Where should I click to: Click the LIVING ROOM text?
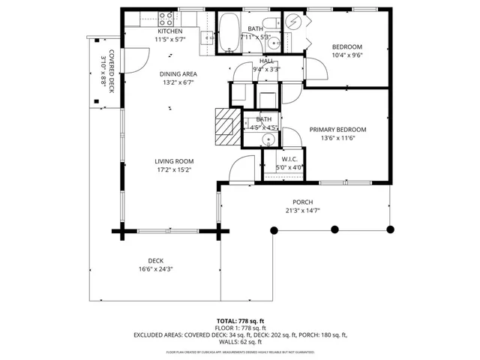(174, 161)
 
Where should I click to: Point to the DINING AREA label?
(178, 73)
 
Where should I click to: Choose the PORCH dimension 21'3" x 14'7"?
(302, 211)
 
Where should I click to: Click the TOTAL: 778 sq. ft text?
(240, 320)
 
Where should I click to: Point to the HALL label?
(265, 61)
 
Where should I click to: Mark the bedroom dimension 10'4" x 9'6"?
(346, 55)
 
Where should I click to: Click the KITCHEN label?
(169, 31)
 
